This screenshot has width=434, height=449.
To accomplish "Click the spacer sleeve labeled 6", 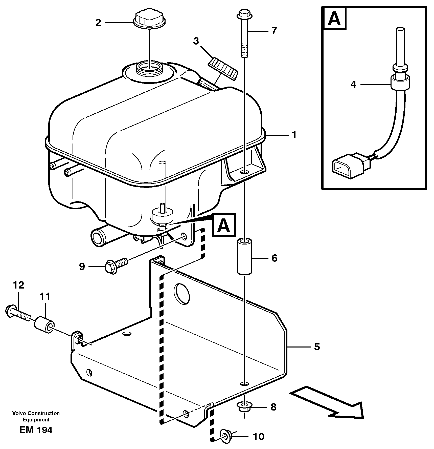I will click(x=244, y=256).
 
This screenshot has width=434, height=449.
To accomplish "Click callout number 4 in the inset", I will click(x=353, y=85).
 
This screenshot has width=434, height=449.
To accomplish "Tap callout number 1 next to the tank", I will click(x=294, y=135).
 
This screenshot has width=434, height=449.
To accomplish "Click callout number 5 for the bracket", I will click(x=317, y=346).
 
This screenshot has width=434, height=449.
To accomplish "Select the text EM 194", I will click(x=36, y=430).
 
